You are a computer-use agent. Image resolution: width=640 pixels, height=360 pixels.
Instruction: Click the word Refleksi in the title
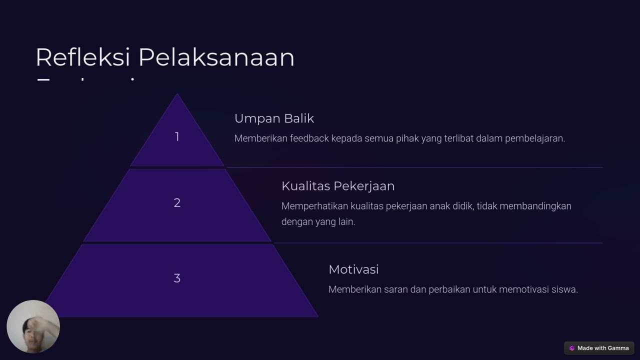pos(83,57)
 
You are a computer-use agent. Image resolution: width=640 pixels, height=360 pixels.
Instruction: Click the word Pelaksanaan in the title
pos(216,57)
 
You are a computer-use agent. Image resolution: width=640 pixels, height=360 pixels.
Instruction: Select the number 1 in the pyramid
pos(177,136)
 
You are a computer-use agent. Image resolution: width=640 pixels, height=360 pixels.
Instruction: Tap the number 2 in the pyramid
pos(177,202)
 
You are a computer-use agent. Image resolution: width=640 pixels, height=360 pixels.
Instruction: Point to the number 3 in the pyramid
pos(177,278)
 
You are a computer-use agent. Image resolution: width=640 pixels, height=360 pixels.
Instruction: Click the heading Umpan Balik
pos(274,118)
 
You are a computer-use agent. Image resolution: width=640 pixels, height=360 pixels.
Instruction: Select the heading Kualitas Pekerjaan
pos(338,186)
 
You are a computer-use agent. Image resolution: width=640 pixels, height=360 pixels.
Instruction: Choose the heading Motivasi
pos(353,269)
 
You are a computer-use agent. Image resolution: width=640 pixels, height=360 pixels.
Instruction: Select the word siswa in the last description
pos(565,289)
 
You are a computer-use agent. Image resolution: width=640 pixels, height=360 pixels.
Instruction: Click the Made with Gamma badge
pos(599,348)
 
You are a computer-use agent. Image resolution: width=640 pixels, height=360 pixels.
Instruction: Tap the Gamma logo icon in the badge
pos(572,348)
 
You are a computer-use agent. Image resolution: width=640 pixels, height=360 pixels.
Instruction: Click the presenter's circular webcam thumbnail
pos(33,326)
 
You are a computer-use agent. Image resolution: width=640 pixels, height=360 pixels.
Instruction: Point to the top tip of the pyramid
pos(177,95)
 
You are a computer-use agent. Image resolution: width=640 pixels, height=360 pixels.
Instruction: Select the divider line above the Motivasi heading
pos(438,243)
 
